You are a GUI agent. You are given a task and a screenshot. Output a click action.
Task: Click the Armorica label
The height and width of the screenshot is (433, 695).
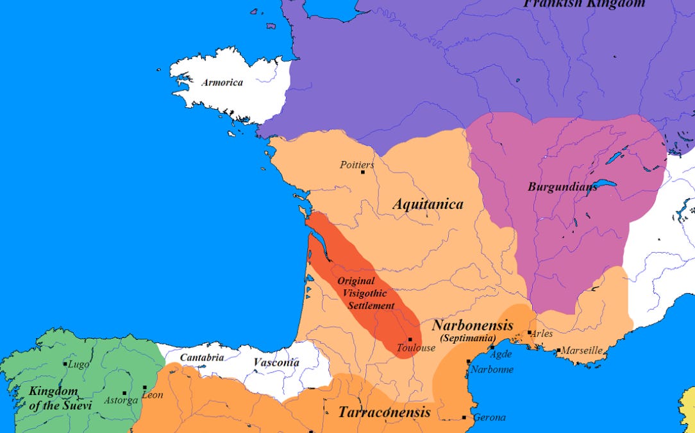click(x=222, y=83)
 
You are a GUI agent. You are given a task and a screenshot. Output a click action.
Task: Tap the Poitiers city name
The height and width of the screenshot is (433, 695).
click(x=356, y=165)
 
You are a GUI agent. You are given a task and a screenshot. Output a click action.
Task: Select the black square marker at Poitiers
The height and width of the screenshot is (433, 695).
click(x=363, y=173)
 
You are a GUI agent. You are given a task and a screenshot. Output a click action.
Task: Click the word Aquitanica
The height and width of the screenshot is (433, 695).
click(x=428, y=204)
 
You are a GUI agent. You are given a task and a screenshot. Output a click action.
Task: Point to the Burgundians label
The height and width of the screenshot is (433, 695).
click(x=562, y=187)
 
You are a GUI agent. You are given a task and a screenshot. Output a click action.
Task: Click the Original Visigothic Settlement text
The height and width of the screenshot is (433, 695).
click(x=365, y=293)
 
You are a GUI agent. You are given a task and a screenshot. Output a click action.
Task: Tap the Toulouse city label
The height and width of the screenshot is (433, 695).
click(x=416, y=348)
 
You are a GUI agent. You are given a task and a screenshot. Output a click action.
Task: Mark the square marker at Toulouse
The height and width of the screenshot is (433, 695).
click(x=410, y=339)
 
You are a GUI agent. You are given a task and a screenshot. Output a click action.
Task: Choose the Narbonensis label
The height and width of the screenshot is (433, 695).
click(x=473, y=325)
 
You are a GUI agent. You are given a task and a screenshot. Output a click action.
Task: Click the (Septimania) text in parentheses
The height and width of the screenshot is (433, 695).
click(x=467, y=338)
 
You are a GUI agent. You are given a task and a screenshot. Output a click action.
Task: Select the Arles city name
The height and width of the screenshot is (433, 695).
click(x=542, y=334)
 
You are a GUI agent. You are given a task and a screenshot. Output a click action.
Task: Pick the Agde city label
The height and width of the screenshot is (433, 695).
click(x=501, y=353)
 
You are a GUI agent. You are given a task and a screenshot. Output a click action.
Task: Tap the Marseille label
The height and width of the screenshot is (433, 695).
click(x=583, y=350)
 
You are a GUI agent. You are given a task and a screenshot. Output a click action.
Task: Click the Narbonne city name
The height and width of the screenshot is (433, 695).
click(x=492, y=369)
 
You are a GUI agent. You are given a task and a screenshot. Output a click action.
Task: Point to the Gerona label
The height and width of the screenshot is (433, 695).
click(x=489, y=418)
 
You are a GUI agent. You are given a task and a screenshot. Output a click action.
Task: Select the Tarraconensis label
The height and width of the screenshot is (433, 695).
click(x=384, y=412)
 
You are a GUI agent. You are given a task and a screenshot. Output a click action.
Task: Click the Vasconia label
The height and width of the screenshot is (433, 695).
click(x=276, y=362)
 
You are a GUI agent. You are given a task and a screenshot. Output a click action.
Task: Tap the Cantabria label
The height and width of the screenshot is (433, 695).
click(x=201, y=357)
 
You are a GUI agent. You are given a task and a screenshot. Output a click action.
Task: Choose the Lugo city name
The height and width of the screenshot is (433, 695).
click(x=78, y=364)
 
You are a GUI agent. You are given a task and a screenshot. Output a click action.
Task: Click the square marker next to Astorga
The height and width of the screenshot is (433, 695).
click(x=124, y=393)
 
